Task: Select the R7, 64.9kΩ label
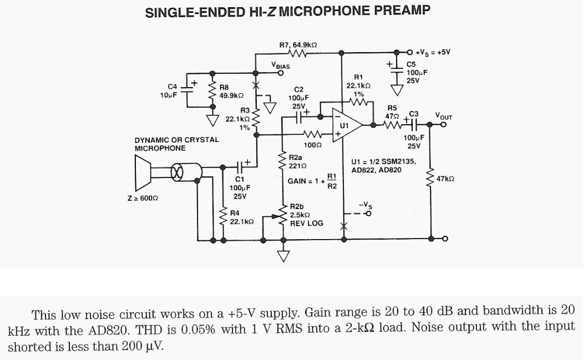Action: (x=298, y=44)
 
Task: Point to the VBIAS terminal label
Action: (x=281, y=65)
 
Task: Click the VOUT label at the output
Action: (x=444, y=116)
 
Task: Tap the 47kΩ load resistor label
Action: (x=445, y=179)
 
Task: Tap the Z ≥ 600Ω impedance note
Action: (x=139, y=198)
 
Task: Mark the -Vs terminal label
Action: (x=364, y=205)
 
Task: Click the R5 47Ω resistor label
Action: (x=392, y=112)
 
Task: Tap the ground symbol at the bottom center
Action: (x=283, y=256)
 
